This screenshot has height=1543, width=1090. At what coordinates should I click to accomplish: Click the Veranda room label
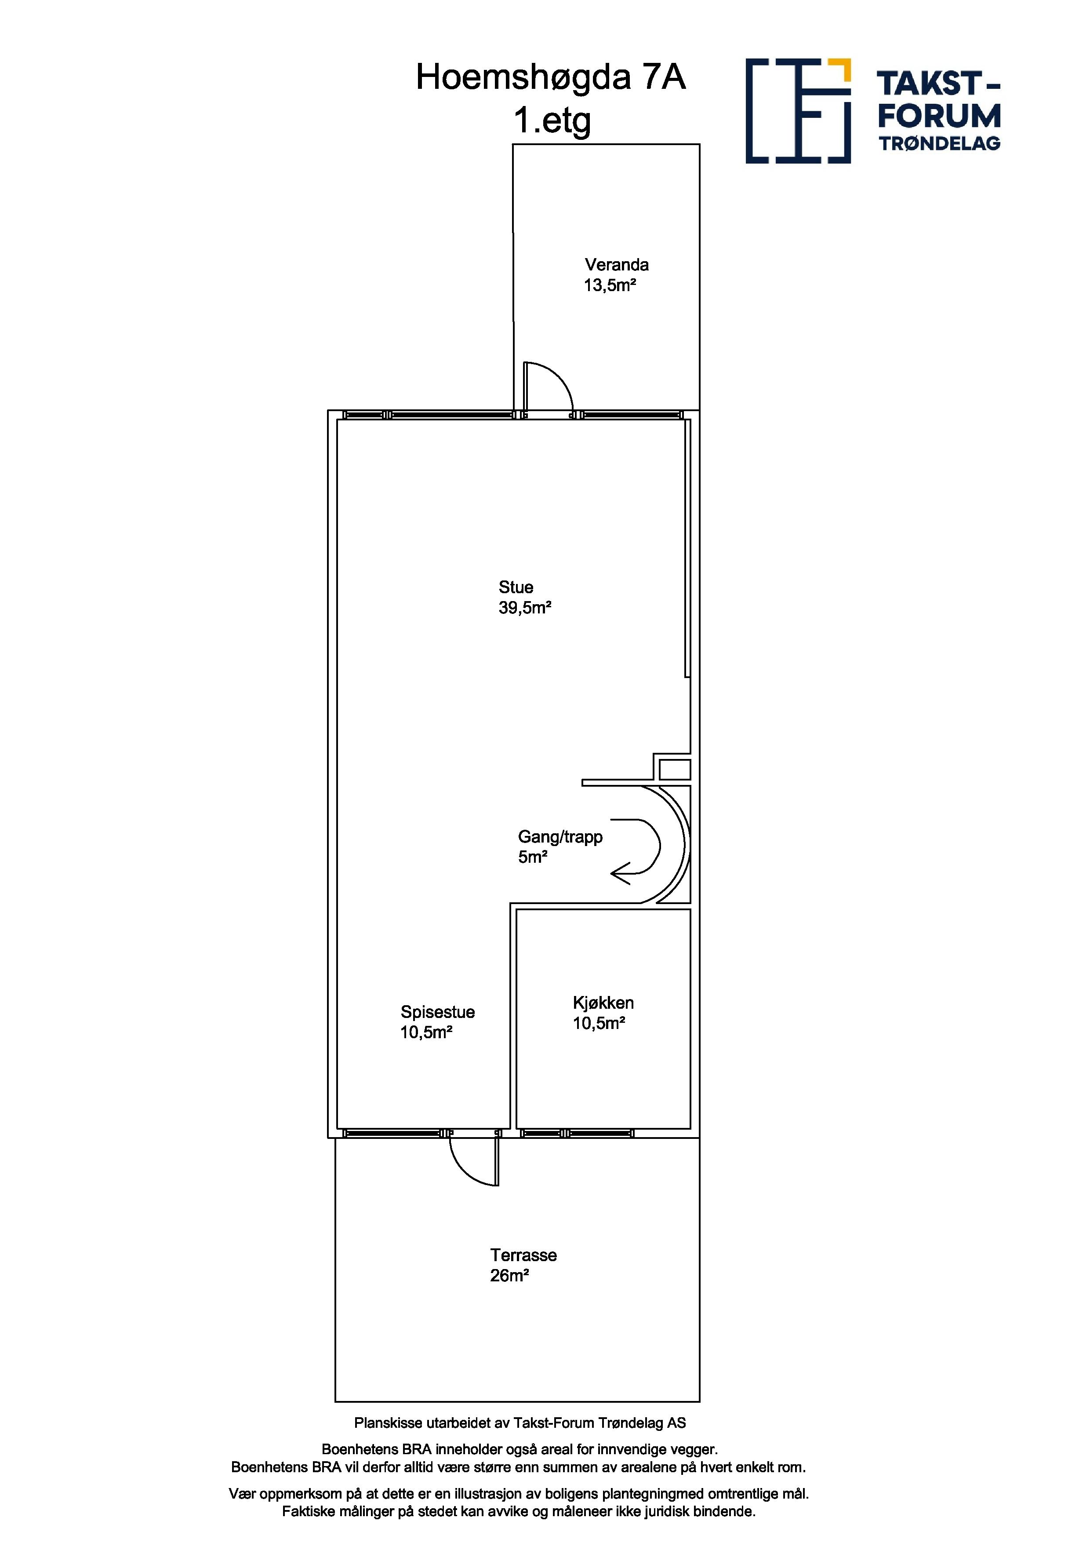tap(617, 265)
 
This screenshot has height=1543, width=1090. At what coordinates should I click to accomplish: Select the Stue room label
tap(516, 587)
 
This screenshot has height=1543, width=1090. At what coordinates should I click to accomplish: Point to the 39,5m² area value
tap(524, 608)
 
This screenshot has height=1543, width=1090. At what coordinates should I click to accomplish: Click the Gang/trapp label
tap(560, 837)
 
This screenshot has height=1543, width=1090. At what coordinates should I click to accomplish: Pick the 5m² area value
tap(533, 857)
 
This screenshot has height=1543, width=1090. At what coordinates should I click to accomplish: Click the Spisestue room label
tap(438, 1012)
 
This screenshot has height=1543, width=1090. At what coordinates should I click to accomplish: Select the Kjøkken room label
tap(603, 1003)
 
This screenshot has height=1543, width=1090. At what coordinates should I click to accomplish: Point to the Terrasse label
tap(523, 1255)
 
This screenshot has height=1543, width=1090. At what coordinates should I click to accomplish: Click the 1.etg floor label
tap(552, 121)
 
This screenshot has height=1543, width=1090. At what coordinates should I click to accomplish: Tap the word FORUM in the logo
tap(939, 116)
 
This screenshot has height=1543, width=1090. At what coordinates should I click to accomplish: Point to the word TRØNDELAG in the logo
tap(940, 143)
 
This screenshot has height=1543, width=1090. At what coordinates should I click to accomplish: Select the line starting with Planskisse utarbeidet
tap(520, 1423)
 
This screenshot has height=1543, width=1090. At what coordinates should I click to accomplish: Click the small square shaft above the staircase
tap(674, 769)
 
